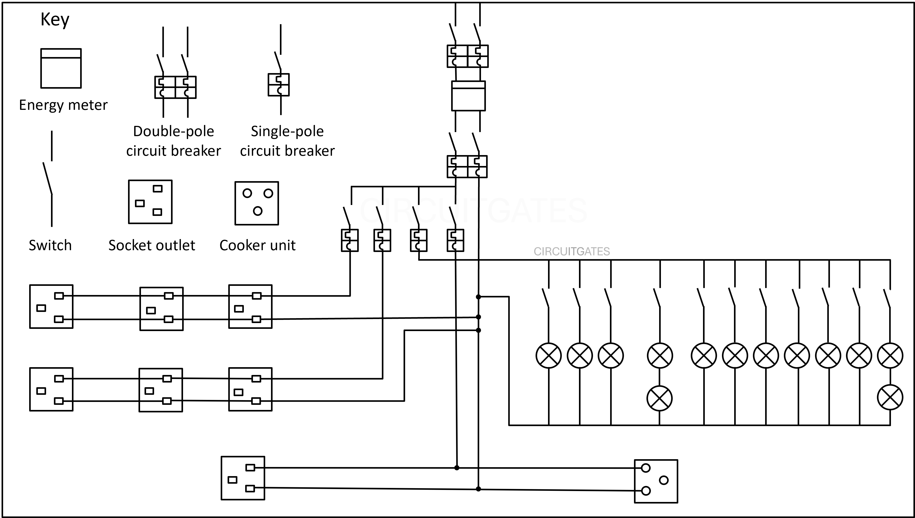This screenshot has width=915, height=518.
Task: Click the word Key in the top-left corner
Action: [55, 20]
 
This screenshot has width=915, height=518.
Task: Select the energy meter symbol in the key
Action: [61, 68]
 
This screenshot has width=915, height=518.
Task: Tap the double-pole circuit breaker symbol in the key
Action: [175, 87]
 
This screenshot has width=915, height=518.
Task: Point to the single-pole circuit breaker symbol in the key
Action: [279, 85]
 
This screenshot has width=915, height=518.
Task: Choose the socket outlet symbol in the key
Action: [150, 202]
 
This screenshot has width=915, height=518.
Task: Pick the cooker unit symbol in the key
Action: [257, 203]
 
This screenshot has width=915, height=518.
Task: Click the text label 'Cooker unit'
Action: [257, 245]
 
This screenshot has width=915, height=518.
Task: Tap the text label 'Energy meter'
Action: [63, 105]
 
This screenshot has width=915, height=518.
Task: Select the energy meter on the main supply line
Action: [468, 96]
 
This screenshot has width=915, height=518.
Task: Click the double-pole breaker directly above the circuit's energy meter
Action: [467, 56]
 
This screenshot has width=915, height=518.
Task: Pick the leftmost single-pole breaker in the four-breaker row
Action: [350, 240]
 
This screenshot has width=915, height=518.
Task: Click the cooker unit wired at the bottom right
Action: [656, 481]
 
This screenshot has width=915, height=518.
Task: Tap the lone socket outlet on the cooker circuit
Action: [243, 478]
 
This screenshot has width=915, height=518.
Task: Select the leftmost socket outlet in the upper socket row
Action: [51, 306]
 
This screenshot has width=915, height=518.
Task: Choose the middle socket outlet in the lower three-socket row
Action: [161, 390]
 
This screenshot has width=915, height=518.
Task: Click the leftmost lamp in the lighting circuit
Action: [548, 355]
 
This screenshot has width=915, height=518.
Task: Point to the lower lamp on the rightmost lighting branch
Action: [890, 397]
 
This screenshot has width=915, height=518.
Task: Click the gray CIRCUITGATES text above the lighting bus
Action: [572, 252]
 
